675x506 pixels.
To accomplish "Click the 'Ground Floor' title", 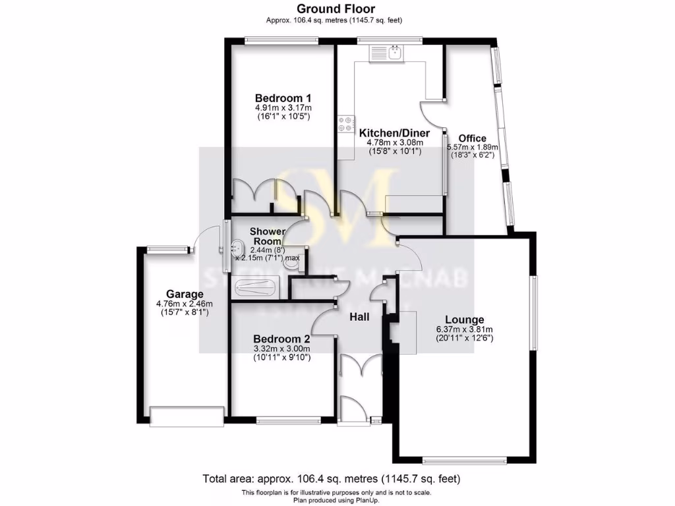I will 336,9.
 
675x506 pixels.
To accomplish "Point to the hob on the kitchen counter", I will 345,124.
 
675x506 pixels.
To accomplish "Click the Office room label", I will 473,138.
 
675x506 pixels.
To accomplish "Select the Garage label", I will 185,294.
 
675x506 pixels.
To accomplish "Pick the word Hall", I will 359,318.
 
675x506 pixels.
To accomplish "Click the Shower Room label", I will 268,237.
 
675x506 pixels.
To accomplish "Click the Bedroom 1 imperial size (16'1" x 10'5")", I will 283,117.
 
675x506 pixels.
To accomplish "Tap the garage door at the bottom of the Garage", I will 187,416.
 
